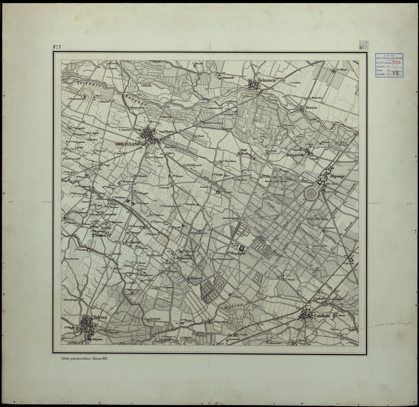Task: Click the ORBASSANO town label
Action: (128, 144)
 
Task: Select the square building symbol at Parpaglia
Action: (242, 248)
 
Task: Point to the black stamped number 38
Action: (395, 73)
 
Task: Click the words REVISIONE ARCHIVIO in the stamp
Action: (389, 58)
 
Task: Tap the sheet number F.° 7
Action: (57, 47)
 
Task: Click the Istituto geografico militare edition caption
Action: (84, 359)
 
